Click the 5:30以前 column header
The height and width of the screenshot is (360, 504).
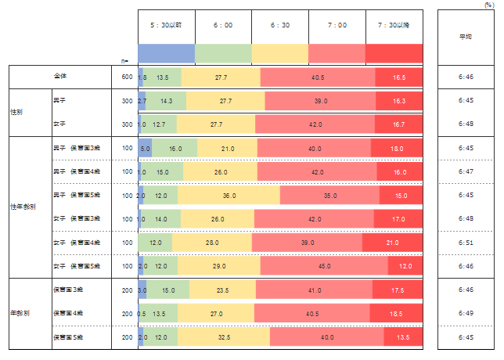click(x=166, y=26)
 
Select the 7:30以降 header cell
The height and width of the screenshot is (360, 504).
click(x=394, y=26)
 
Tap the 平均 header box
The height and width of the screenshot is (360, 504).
click(x=464, y=36)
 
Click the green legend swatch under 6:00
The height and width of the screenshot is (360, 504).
click(x=223, y=53)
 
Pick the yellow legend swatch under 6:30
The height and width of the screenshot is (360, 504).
click(x=280, y=53)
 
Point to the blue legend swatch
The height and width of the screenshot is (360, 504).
click(x=166, y=53)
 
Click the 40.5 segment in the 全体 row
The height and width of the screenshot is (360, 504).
click(x=318, y=77)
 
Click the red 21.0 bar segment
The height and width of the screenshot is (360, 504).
click(x=392, y=243)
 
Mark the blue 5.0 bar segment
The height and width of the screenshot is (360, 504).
click(x=145, y=148)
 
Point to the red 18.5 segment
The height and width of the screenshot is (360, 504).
click(x=397, y=313)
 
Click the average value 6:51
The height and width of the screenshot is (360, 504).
click(x=465, y=243)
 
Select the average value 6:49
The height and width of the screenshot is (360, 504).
click(x=465, y=313)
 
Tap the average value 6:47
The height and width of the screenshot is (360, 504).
click(x=465, y=171)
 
